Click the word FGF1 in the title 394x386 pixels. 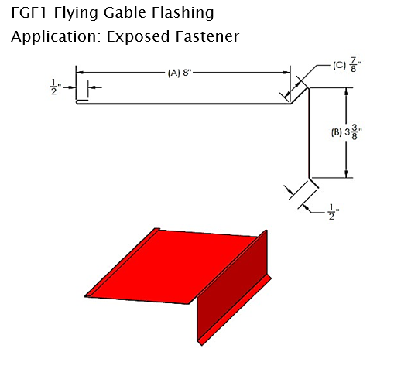[29, 12]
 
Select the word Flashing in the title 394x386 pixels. [183, 13]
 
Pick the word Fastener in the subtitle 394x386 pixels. [207, 36]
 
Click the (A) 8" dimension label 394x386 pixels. [180, 73]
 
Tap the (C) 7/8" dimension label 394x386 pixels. [347, 65]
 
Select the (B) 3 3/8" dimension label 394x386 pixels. [347, 132]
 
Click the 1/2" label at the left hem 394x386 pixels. [55, 87]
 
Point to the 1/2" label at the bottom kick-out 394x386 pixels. [334, 212]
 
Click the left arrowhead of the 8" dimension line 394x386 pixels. [80, 73]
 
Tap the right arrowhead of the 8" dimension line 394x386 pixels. [287, 73]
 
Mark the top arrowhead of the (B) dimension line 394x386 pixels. [346, 91]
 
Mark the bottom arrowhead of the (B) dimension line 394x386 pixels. [346, 174]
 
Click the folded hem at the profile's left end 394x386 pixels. [82, 102]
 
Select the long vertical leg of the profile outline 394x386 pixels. [309, 133]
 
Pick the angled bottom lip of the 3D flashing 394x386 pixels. [235, 310]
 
